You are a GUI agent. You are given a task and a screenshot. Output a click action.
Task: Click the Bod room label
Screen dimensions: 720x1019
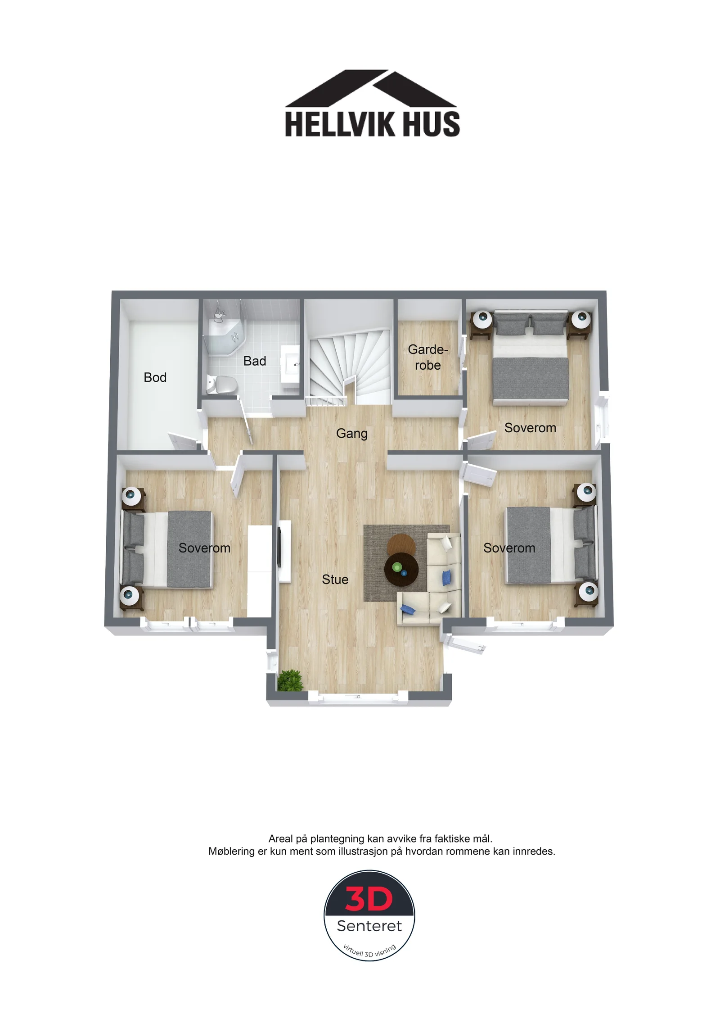coord(155,377)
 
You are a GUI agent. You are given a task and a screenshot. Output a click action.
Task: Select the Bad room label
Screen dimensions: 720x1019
coord(255,361)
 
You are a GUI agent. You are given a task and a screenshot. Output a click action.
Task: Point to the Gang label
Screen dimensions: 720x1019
coord(352,434)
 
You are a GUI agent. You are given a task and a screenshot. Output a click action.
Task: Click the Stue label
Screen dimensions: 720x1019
coord(335,580)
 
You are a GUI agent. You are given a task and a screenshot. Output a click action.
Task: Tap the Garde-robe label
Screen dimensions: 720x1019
coord(428,357)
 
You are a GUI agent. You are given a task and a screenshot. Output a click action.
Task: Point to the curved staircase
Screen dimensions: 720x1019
coord(350,366)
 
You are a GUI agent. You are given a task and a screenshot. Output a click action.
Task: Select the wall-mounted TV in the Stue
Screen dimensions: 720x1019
coord(279,547)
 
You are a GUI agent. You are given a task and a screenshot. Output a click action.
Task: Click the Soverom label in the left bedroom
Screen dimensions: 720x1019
coord(204,548)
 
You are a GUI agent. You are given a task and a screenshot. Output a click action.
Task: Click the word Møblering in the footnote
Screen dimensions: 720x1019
coord(231,851)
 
